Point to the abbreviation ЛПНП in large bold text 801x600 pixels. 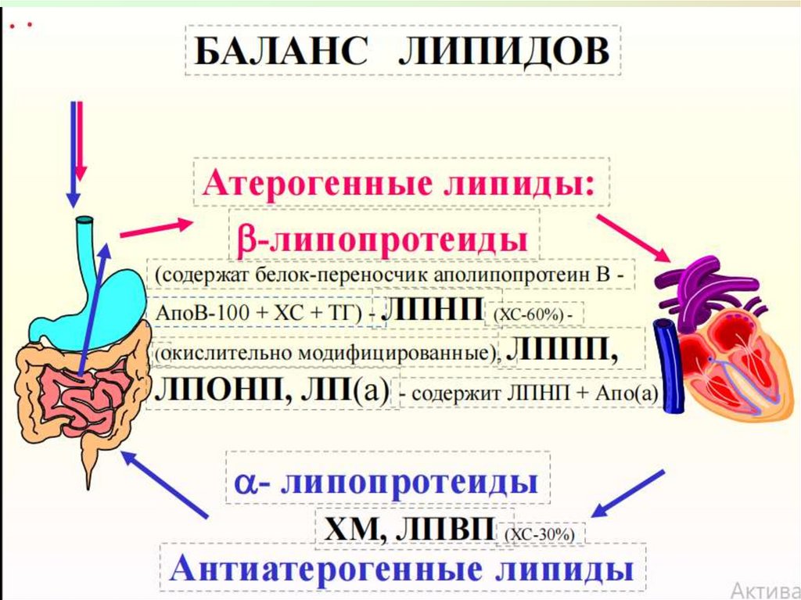[x=436, y=307]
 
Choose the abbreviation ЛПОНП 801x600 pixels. [x=216, y=389]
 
